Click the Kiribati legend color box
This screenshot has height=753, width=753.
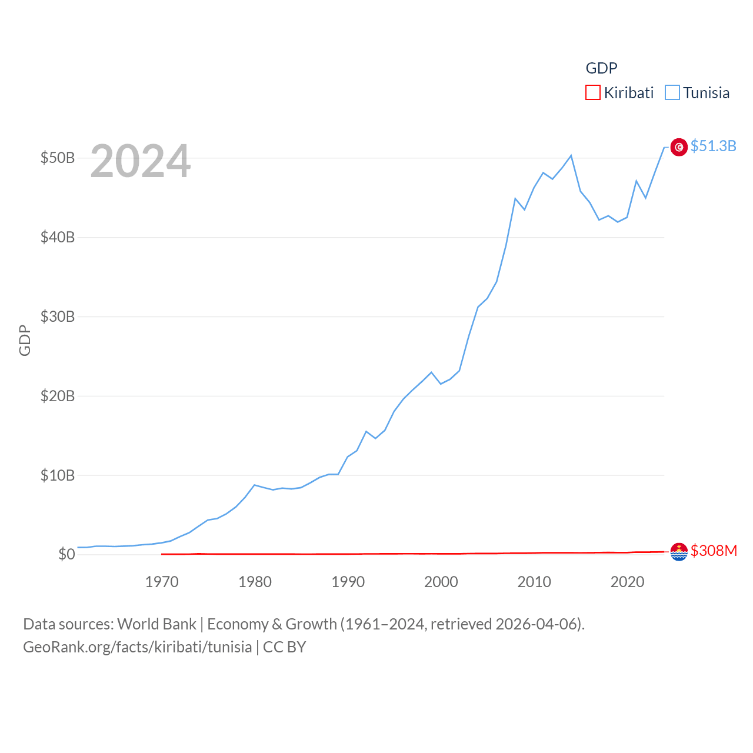point(593,93)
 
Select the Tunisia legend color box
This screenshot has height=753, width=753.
point(672,93)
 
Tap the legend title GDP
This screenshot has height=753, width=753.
point(601,68)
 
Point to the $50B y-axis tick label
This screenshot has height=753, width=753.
point(58,158)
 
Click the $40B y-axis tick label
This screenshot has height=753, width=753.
point(58,238)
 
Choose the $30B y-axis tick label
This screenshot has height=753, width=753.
point(58,317)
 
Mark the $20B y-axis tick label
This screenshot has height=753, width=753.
point(58,396)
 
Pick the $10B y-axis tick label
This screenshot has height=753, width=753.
point(58,475)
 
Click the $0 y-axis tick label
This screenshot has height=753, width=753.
point(66,554)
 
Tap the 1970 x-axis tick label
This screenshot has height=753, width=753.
point(162,582)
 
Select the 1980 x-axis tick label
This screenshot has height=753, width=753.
point(255,582)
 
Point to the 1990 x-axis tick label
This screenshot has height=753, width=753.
point(348,582)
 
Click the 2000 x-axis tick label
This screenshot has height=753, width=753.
point(441,582)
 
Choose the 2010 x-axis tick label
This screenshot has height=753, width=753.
point(534,582)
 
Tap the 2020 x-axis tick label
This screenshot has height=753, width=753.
point(628,582)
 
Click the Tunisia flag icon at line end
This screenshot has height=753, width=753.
point(679,147)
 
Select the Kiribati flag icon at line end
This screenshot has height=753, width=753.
point(679,552)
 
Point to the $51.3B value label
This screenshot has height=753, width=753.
point(714,146)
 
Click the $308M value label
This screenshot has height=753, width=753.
point(714,551)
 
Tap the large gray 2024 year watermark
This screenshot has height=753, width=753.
point(141,161)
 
